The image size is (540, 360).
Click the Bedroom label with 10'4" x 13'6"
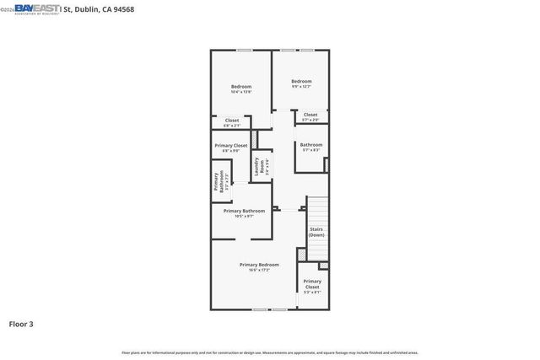[x=241, y=89]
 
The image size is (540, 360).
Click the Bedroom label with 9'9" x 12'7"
[x=301, y=83]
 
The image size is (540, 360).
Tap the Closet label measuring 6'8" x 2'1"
[x=231, y=122]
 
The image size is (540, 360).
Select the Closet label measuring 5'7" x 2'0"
[x=310, y=116]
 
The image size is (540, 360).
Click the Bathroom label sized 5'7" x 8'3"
[x=310, y=148]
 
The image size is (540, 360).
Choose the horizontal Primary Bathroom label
[x=244, y=212]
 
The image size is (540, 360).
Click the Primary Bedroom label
[x=258, y=267]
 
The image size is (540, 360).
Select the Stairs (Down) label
[x=316, y=232]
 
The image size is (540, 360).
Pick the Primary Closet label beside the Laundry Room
[x=230, y=148]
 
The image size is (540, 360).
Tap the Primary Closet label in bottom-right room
[x=312, y=286]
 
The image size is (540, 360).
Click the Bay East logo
[x=34, y=9]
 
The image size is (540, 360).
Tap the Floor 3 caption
[x=21, y=323]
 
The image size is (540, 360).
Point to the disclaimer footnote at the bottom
[x=270, y=352]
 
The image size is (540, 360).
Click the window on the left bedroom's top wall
[x=244, y=51]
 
